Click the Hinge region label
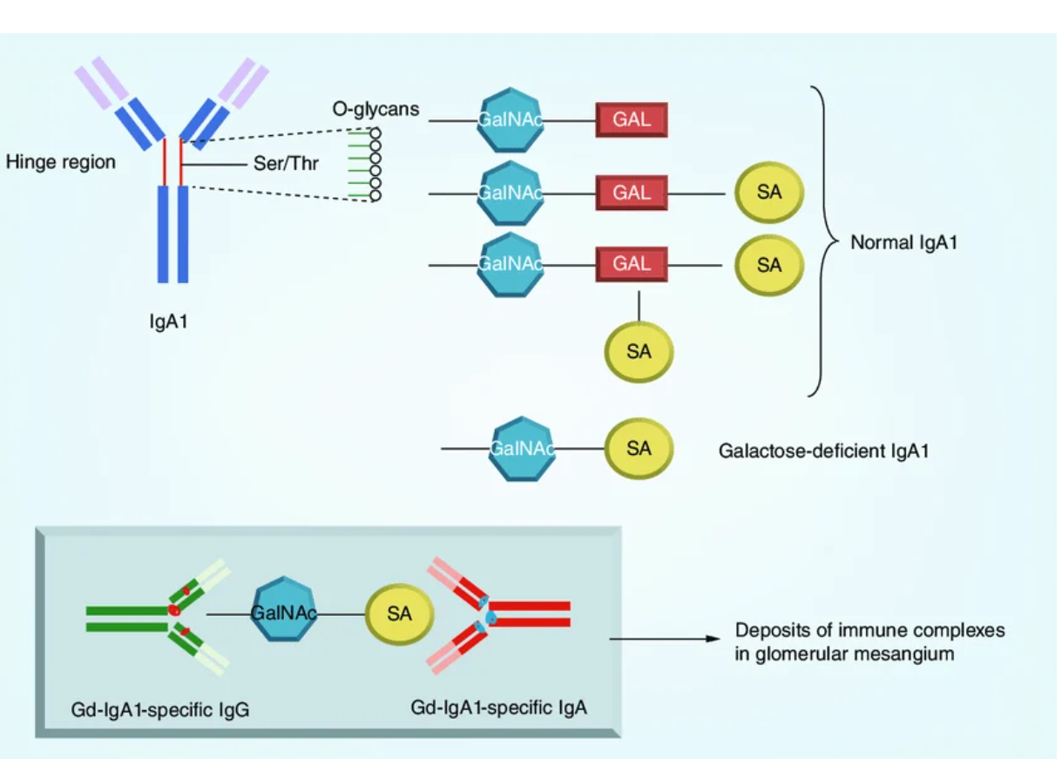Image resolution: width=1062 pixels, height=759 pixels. pos(60,162)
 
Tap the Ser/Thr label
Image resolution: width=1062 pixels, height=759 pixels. pos(286,163)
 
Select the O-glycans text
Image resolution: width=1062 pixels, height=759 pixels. pos(375,110)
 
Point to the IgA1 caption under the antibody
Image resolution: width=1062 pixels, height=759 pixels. pos(168,322)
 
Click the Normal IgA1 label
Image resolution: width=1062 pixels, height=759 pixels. pos(903,243)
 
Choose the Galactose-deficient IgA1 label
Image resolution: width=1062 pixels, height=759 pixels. pos(823,451)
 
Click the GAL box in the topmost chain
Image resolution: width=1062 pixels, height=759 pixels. pos(632,120)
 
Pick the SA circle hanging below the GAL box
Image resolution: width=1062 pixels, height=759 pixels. pos(639,352)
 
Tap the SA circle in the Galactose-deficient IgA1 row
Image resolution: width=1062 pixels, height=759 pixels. pos(639,449)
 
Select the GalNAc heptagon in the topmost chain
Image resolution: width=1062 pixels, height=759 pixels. pos(510,120)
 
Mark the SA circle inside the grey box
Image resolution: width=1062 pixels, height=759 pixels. pos(399,614)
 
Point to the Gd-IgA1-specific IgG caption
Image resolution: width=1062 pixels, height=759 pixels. pos(160,710)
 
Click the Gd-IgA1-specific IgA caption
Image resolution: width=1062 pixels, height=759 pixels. pos(498,707)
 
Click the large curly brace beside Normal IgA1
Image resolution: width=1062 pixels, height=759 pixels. pos(819,241)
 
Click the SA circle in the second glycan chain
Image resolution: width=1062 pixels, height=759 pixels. pos(769,193)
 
